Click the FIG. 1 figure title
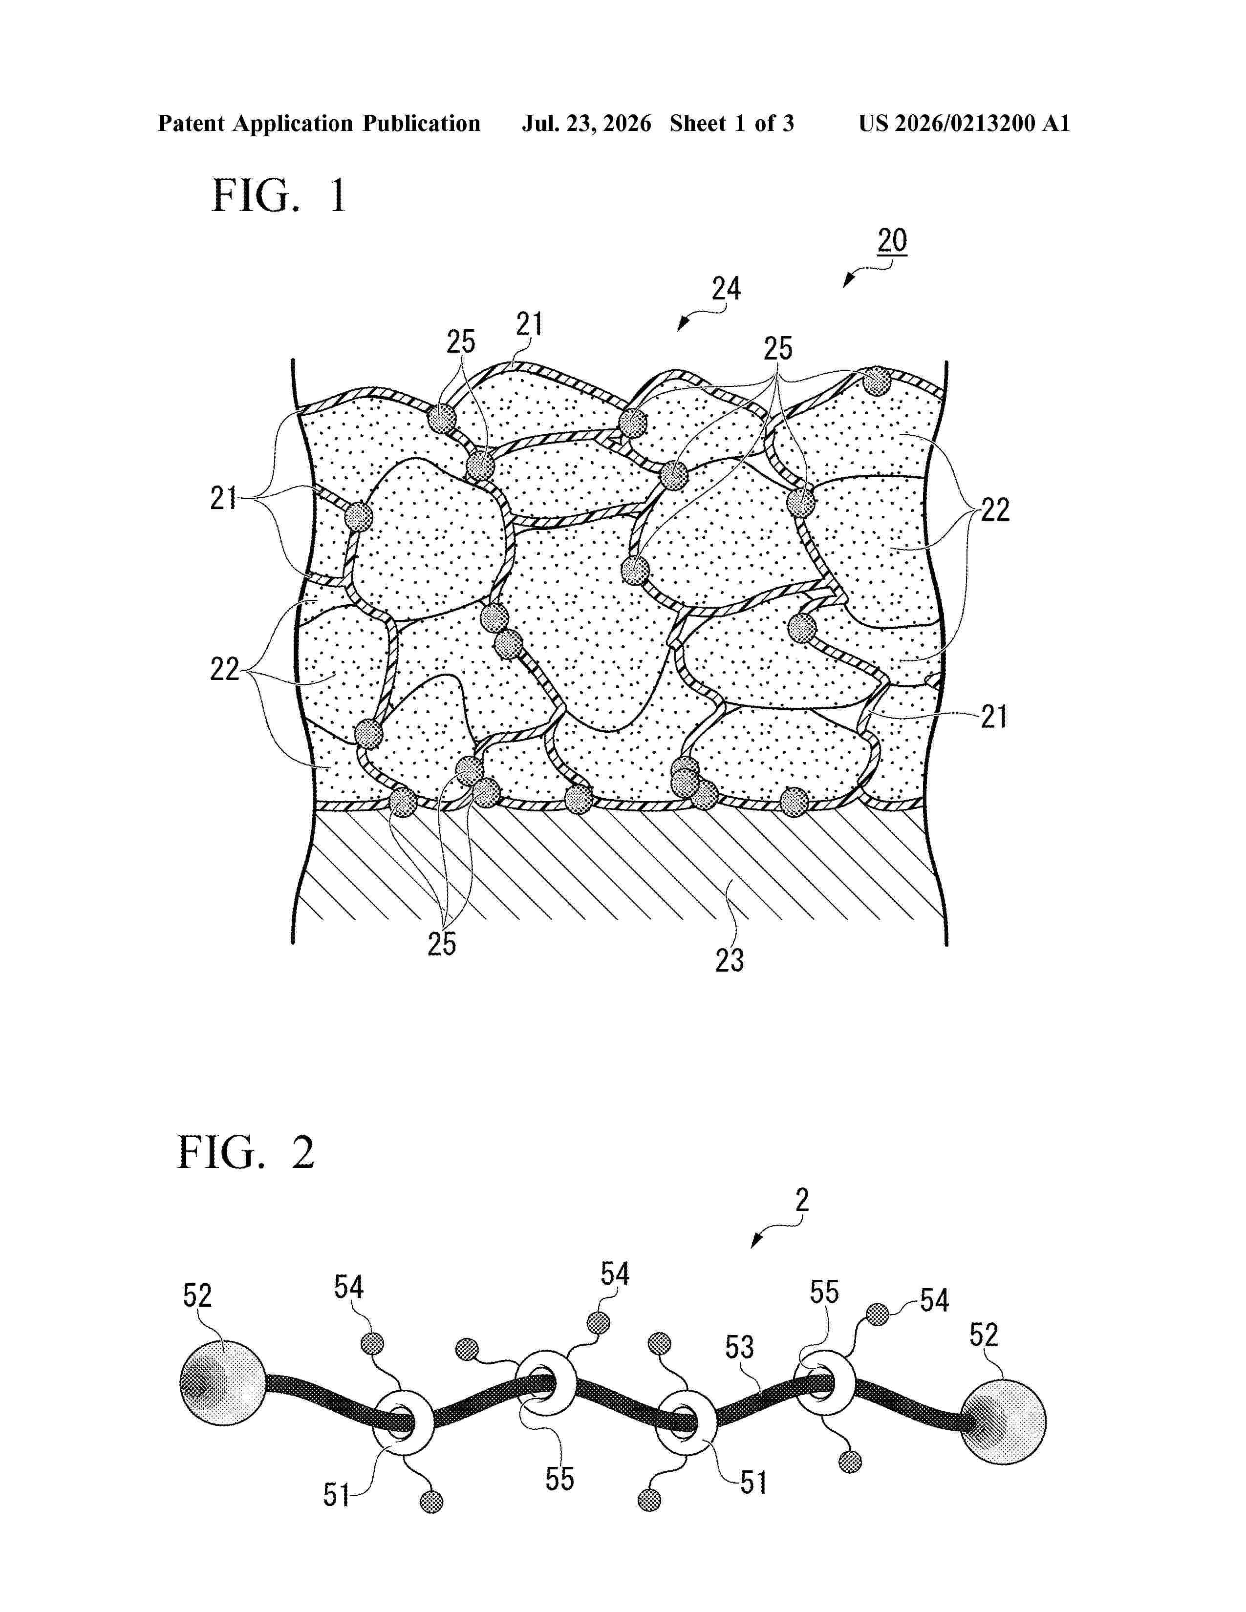[x=279, y=196]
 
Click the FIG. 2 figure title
[x=246, y=1152]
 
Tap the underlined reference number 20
[x=892, y=241]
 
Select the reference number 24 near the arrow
[x=726, y=289]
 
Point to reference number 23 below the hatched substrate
[x=730, y=960]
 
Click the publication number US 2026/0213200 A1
[x=964, y=123]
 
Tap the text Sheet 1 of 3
[x=731, y=123]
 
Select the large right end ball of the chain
[x=1004, y=1421]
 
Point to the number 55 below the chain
[x=559, y=1479]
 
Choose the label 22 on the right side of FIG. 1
[x=994, y=510]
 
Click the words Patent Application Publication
[x=319, y=123]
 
